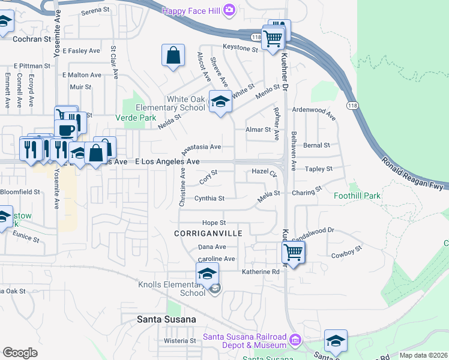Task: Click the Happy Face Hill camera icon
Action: tap(229, 10)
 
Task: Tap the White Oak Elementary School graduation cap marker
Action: tap(220, 101)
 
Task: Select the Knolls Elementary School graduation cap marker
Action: tap(206, 274)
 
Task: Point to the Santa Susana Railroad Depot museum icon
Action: tap(295, 341)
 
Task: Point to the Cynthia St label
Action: tap(209, 198)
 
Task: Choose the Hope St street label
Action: tap(214, 223)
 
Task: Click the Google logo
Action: tap(20, 353)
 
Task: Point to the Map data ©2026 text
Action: tap(423, 355)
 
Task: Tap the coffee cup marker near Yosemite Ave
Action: tap(65, 129)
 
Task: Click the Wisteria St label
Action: tap(180, 340)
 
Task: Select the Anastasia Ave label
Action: tap(202, 146)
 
